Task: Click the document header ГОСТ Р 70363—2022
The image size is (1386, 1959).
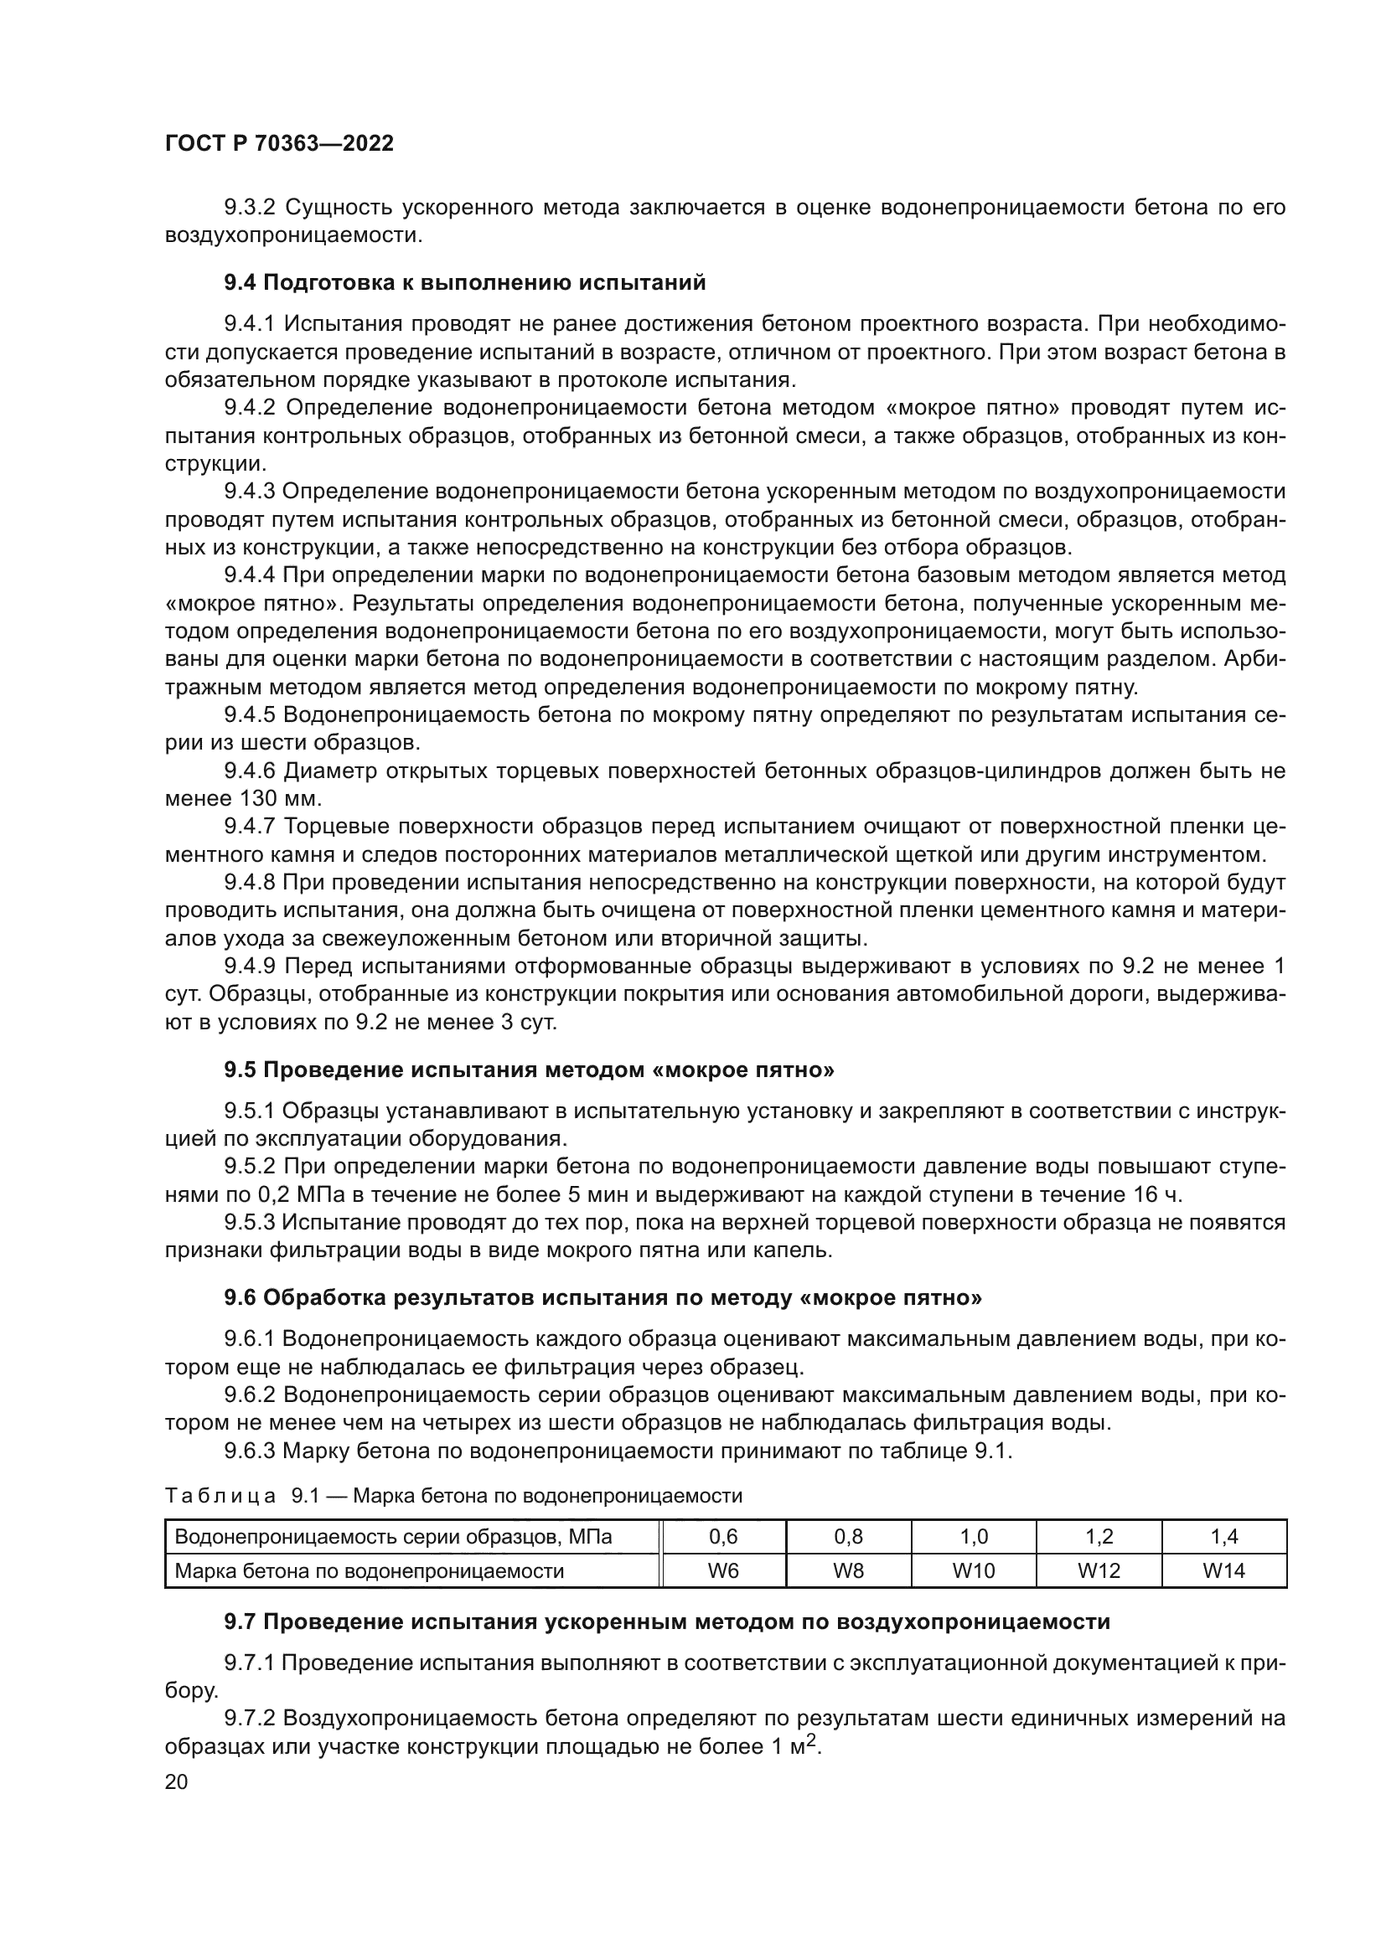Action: tap(279, 143)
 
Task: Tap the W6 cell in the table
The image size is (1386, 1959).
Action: tap(723, 1570)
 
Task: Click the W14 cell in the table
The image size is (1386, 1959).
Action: tap(1223, 1570)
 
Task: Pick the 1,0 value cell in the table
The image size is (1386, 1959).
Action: tap(974, 1537)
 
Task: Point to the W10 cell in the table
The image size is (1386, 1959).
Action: tap(974, 1570)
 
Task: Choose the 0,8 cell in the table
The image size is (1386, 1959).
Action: tap(848, 1537)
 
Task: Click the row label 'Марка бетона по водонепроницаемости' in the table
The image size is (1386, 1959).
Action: tap(370, 1570)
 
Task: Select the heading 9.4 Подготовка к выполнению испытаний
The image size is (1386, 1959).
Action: tap(465, 282)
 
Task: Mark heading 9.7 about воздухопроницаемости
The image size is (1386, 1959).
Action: tap(666, 1621)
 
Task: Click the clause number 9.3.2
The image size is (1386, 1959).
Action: tap(250, 208)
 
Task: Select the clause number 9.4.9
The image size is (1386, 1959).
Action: tap(250, 966)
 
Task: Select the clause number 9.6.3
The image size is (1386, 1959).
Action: tap(250, 1451)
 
